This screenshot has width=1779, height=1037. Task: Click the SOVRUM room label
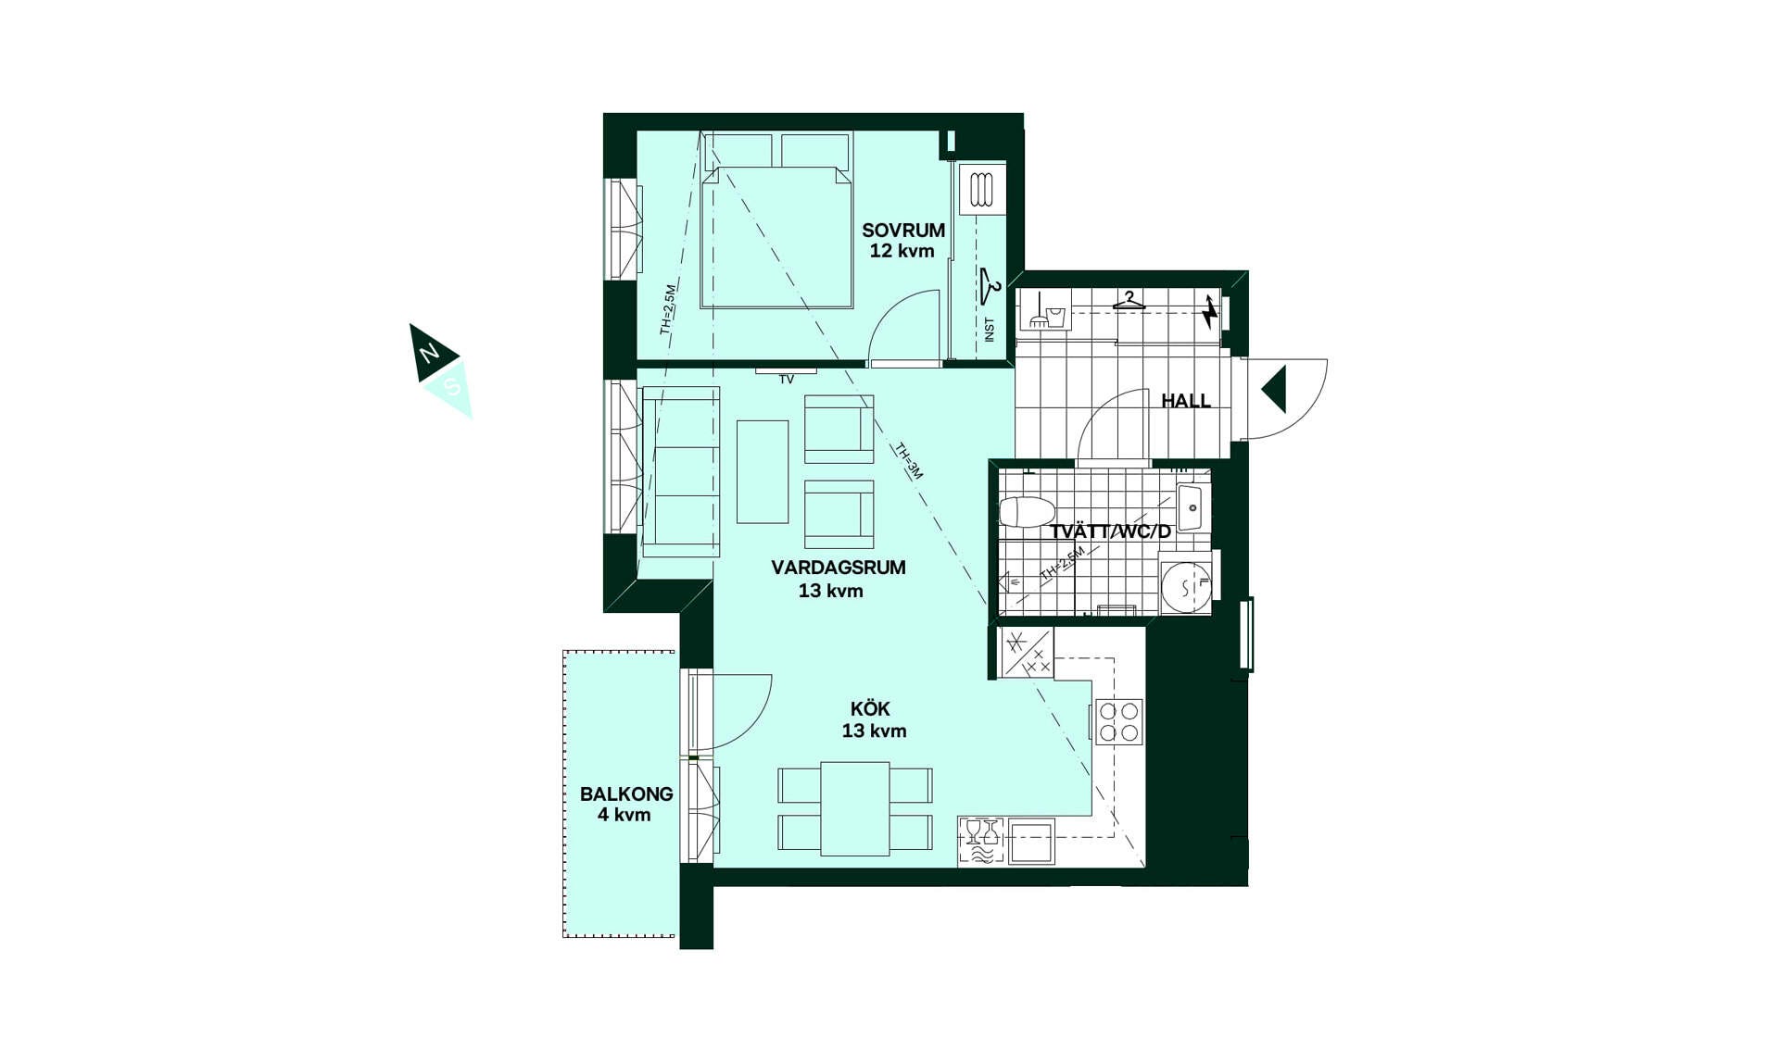tap(903, 231)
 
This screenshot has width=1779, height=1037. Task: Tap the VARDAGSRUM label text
tap(839, 568)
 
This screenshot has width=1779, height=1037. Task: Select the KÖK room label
tap(870, 709)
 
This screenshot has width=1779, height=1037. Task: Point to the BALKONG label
tap(626, 794)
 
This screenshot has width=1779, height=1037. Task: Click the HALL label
tap(1186, 401)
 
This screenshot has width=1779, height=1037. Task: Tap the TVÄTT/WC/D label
tap(1110, 532)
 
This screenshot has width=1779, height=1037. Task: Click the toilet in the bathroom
tap(1028, 511)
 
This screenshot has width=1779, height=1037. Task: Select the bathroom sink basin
tap(1191, 507)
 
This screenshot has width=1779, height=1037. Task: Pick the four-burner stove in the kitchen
tap(1118, 722)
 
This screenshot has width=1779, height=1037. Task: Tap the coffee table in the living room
tap(763, 472)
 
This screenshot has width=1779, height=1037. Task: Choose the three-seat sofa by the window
tap(681, 471)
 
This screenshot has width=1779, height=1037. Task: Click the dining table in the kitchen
tap(855, 808)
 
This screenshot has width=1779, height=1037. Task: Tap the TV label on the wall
tap(787, 380)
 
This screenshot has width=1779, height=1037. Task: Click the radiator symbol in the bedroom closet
tap(982, 190)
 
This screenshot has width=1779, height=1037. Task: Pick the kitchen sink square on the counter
tap(1031, 842)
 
